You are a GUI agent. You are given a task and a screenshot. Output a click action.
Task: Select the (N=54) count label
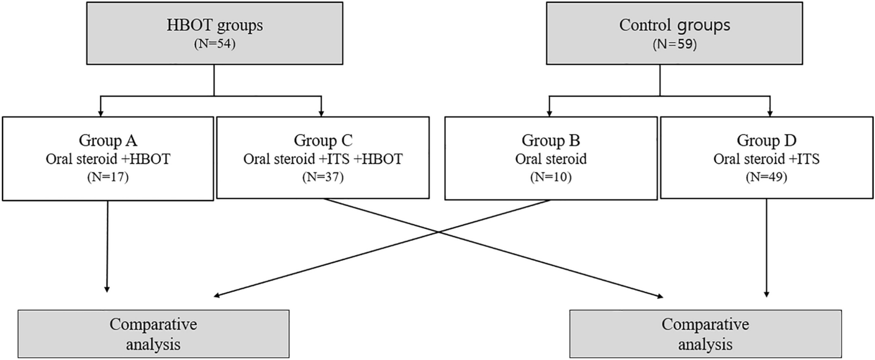215,45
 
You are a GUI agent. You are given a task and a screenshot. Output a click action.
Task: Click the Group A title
109,140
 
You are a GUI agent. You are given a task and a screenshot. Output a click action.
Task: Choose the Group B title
550,140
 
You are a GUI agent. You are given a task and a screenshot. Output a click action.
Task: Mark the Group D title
768,140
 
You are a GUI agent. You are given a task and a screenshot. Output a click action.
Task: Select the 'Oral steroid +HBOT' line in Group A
109,159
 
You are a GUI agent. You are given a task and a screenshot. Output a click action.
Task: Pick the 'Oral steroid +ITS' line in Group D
768,159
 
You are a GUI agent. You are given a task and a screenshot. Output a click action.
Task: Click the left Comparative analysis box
153,334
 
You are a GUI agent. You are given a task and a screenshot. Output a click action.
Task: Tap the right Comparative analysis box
705,334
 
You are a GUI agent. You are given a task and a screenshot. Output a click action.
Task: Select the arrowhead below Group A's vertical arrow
107,289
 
